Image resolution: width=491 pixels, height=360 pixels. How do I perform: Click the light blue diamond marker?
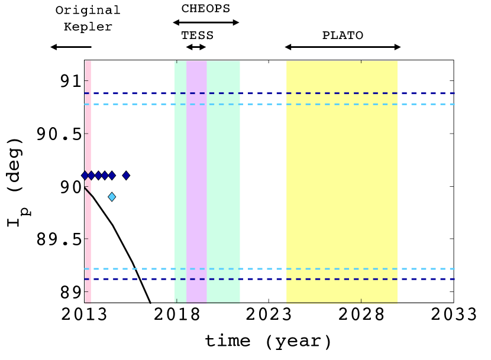coord(112,197)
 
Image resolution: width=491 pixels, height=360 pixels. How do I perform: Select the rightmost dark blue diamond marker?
coord(126,176)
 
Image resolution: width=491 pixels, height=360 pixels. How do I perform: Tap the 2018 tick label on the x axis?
coord(177,314)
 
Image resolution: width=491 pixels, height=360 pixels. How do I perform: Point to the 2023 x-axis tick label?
coord(269,314)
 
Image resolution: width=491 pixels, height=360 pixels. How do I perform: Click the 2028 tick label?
coord(361,314)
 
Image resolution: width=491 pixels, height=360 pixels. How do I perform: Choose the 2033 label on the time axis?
coord(453,314)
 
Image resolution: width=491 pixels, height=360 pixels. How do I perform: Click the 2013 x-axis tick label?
coord(84,314)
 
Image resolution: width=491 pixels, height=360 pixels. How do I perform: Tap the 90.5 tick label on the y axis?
coord(59,134)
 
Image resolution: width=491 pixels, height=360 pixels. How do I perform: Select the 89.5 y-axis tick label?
coord(59,239)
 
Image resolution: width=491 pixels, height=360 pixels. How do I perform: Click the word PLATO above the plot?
coord(343,35)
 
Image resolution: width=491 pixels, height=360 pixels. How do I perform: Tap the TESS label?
coord(197,35)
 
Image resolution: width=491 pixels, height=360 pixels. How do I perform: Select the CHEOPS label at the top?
coord(206,8)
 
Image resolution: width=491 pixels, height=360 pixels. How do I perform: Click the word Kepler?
coord(88,27)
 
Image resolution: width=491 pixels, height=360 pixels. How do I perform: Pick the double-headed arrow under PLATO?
coord(343,47)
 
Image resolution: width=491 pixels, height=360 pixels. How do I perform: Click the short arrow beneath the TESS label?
coord(196,47)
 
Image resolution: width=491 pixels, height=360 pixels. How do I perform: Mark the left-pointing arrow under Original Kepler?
coord(71,47)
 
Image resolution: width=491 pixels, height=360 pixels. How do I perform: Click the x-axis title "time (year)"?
coord(268,341)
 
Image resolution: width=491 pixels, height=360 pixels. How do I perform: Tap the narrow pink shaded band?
coord(88,181)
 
